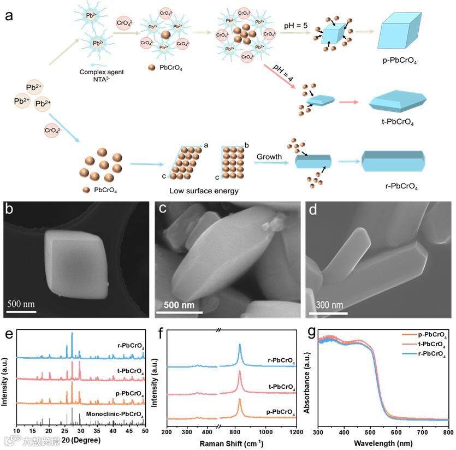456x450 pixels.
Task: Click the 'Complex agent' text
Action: (98, 71)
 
